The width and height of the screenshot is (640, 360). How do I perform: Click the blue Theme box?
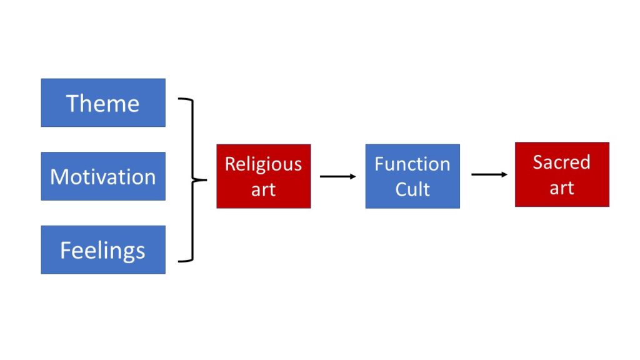[103, 102]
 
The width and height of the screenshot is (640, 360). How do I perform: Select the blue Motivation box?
[103, 176]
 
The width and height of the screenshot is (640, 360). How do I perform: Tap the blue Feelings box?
[103, 250]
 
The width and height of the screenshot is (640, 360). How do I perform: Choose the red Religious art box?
[263, 176]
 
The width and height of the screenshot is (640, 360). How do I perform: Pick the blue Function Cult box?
[412, 176]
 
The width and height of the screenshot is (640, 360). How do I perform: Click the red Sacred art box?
[562, 174]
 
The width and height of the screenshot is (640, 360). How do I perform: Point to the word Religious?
[263, 164]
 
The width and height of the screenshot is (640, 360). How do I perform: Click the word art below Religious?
[263, 189]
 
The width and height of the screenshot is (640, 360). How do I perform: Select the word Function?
[412, 164]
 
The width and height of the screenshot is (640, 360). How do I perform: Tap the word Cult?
[412, 189]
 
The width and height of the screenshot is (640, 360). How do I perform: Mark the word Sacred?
[562, 162]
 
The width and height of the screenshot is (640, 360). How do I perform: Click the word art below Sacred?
[562, 187]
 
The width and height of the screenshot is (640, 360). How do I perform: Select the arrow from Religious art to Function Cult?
[338, 176]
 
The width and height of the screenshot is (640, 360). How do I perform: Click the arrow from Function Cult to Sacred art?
[489, 174]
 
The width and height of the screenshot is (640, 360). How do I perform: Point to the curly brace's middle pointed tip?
[206, 180]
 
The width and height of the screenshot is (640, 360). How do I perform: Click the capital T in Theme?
[72, 102]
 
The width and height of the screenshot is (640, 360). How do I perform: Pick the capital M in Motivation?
[59, 177]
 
